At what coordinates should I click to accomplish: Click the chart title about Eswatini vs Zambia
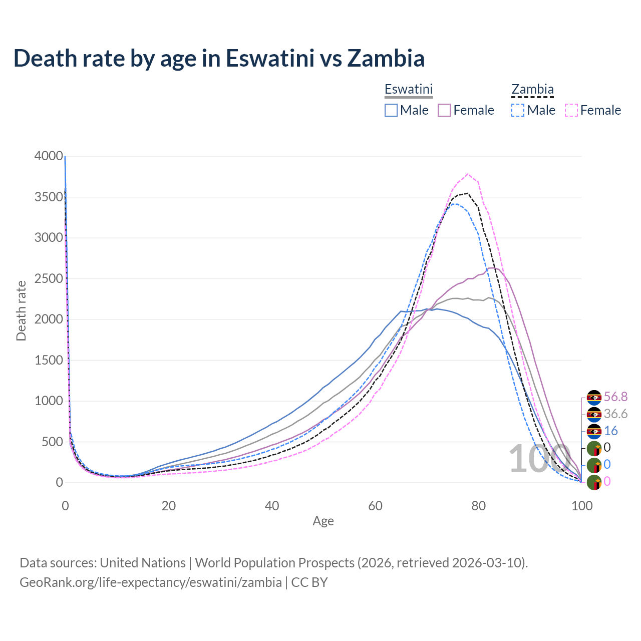pyautogui.click(x=219, y=58)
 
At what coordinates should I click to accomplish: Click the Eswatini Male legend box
pyautogui.click(x=391, y=110)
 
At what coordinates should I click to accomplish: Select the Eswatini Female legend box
pyautogui.click(x=445, y=110)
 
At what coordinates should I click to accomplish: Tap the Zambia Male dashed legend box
pyautogui.click(x=518, y=110)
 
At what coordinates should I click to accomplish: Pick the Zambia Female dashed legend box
pyautogui.click(x=571, y=110)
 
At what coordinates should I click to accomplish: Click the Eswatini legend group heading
pyautogui.click(x=408, y=90)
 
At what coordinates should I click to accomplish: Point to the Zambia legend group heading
pyautogui.click(x=532, y=90)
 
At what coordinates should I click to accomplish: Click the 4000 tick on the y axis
pyautogui.click(x=49, y=156)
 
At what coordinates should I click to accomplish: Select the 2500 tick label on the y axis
pyautogui.click(x=49, y=278)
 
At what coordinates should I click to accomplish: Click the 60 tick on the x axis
pyautogui.click(x=375, y=506)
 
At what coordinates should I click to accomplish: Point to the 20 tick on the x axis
pyautogui.click(x=168, y=506)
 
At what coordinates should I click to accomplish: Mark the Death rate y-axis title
pyautogui.click(x=21, y=310)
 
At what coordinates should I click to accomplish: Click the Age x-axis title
pyautogui.click(x=323, y=521)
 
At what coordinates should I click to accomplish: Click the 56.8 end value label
pyautogui.click(x=615, y=397)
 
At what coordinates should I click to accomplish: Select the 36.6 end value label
pyautogui.click(x=615, y=414)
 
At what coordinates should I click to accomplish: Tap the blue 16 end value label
pyautogui.click(x=611, y=431)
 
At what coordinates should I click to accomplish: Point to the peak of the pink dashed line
pyautogui.click(x=468, y=174)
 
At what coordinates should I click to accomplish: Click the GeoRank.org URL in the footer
pyautogui.click(x=150, y=582)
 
